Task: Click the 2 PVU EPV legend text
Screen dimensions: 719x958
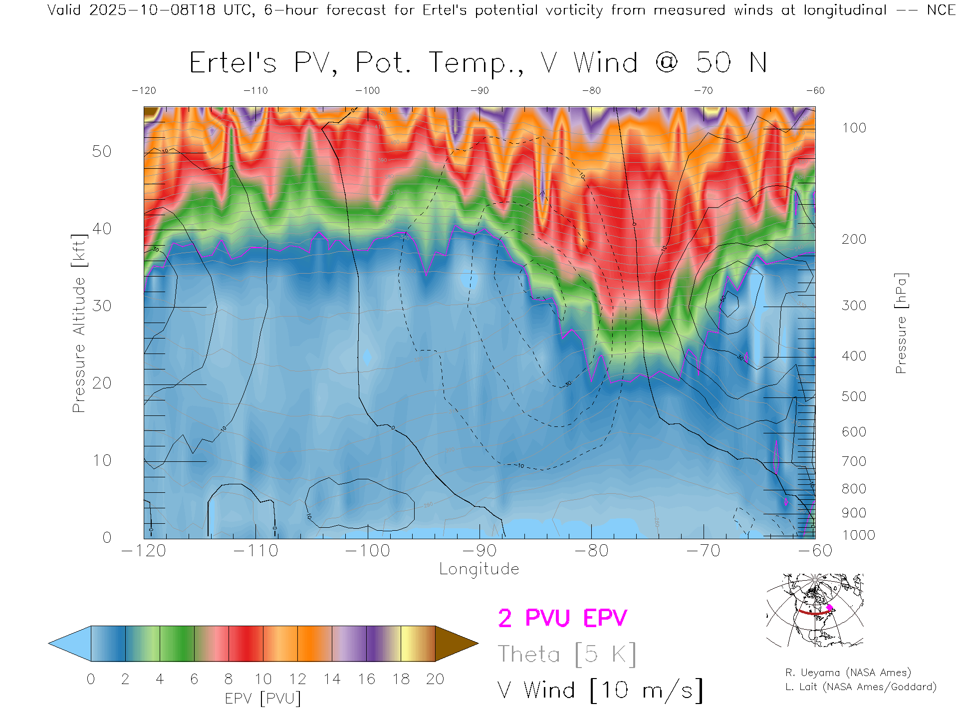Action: (562, 618)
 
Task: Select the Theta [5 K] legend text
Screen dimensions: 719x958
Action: (567, 654)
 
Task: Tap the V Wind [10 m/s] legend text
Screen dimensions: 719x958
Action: (600, 691)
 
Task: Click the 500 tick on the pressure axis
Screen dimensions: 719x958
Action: (854, 396)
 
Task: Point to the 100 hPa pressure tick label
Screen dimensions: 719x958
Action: (854, 128)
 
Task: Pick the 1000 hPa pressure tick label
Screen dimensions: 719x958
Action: (858, 535)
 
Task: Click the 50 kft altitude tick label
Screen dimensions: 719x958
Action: (102, 151)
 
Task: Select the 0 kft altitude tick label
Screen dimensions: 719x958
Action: (107, 537)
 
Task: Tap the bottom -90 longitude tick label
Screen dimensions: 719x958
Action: (479, 551)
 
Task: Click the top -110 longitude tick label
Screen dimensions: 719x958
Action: (255, 90)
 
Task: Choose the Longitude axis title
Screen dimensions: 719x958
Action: (479, 569)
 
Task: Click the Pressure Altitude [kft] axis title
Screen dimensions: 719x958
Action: (79, 323)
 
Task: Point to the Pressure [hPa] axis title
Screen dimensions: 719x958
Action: (901, 323)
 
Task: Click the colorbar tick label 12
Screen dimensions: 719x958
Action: (297, 679)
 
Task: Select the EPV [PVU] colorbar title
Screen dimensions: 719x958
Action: (263, 699)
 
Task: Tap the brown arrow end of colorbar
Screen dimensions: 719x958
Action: (456, 644)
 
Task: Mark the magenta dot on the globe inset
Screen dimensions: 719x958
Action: (830, 608)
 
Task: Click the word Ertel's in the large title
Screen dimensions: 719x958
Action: (233, 63)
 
